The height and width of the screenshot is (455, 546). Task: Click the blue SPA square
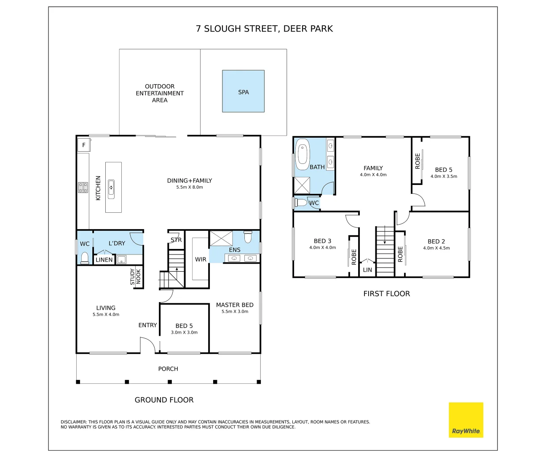point(243,91)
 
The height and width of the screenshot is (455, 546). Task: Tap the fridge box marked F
point(84,145)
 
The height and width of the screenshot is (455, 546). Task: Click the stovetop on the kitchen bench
point(83,187)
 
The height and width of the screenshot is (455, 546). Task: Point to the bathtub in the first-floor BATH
point(302,154)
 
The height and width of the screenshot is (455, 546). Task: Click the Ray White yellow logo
point(466,420)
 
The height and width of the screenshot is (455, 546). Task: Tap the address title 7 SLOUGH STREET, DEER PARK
point(265,29)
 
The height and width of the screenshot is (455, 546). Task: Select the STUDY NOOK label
point(136,276)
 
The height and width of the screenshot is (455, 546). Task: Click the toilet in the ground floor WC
point(85,257)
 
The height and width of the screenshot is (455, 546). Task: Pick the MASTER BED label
point(235,305)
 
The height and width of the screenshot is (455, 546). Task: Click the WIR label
point(201,260)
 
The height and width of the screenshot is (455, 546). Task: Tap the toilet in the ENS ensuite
point(248,237)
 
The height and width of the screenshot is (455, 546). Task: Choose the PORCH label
point(168,369)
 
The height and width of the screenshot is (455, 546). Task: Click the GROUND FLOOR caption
point(164,400)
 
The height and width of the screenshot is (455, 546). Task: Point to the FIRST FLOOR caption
point(386,294)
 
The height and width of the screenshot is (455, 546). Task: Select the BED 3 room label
point(322,241)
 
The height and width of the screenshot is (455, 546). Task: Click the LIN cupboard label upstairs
point(367,270)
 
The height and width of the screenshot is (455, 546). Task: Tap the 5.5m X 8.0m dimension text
point(190,187)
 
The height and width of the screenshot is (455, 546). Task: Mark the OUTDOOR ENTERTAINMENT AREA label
point(160,93)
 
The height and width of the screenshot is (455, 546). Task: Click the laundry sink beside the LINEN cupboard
point(121,260)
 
